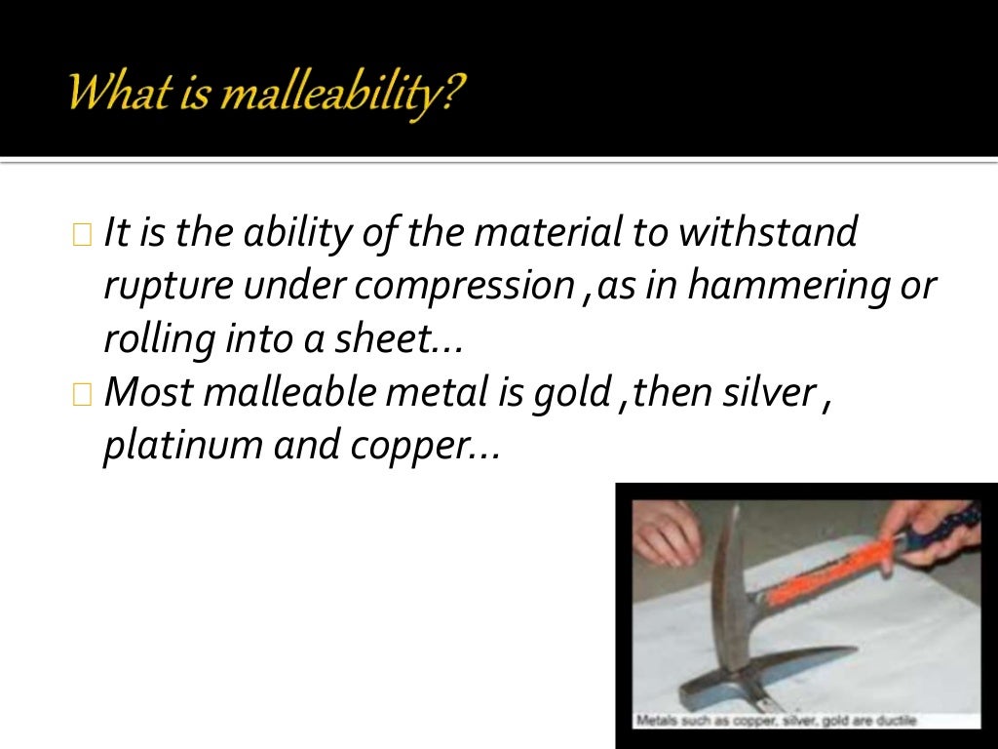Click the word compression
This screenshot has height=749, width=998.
[465, 287]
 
